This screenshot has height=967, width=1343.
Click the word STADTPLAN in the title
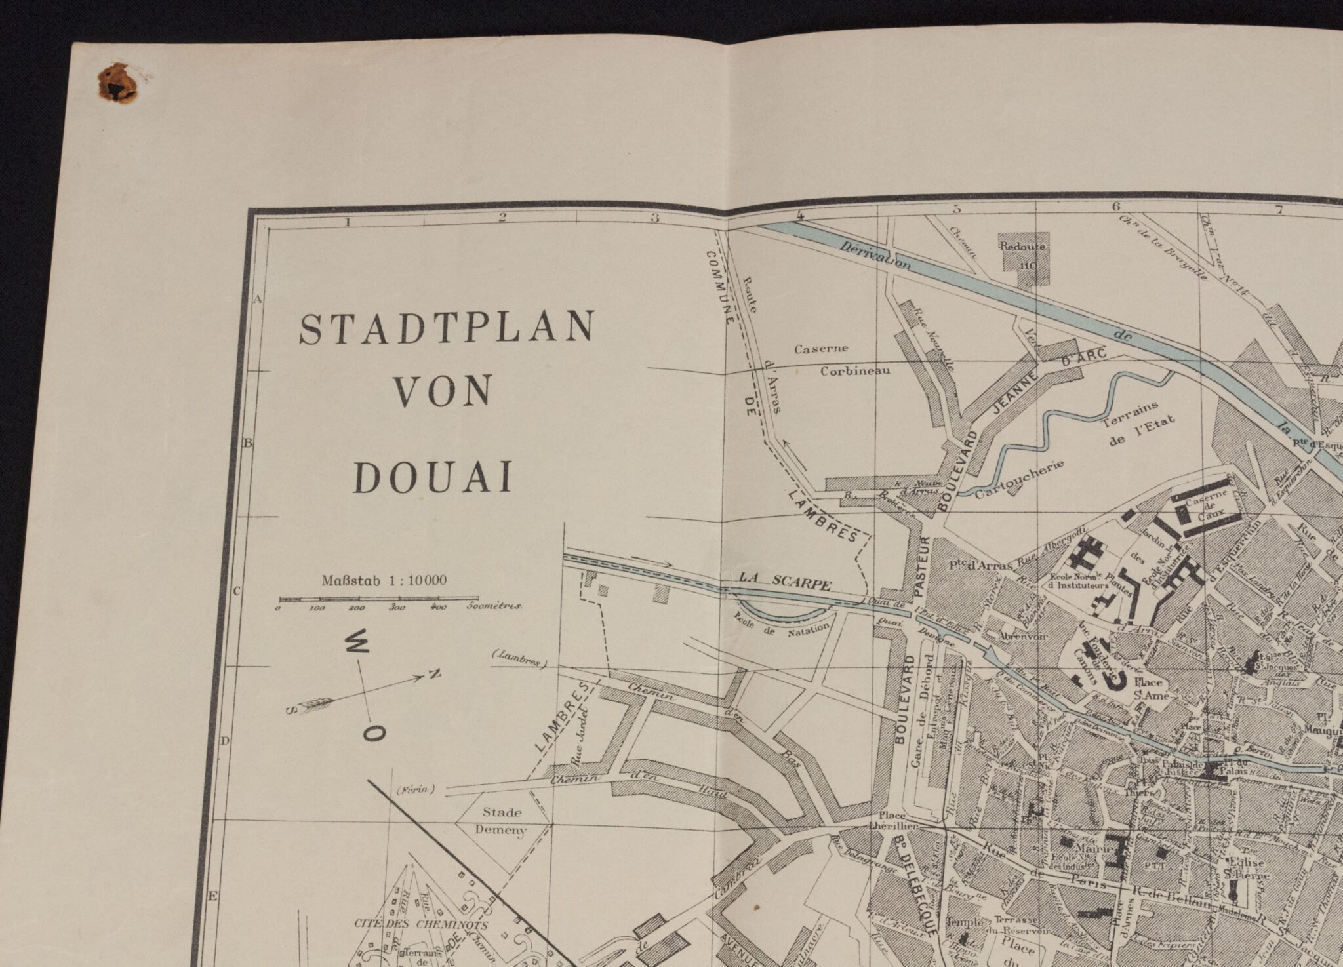point(447,328)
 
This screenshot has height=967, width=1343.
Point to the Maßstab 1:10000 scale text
point(384,580)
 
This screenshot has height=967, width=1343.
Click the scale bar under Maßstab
point(378,599)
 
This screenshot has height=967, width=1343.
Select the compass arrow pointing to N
point(367,692)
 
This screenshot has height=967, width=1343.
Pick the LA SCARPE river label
point(785,581)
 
